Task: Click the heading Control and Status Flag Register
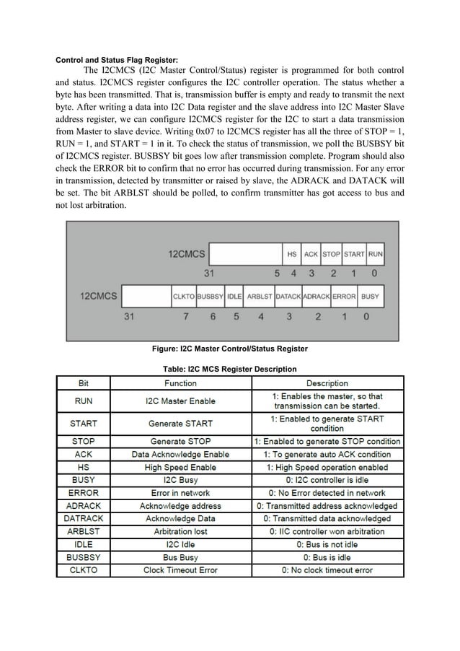118,59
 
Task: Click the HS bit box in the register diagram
291,254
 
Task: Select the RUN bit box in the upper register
375,254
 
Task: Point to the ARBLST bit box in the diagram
260,296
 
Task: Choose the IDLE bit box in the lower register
234,296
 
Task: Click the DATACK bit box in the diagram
288,296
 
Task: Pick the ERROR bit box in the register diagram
344,296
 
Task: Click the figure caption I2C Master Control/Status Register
229,349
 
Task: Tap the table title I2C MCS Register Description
229,369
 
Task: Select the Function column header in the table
180,383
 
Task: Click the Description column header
327,383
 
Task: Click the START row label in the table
84,423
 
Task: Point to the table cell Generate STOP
180,441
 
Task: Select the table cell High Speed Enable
180,468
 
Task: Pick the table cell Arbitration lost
180,532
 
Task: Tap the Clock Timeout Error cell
180,570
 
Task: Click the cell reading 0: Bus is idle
327,558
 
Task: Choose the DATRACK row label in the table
84,519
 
